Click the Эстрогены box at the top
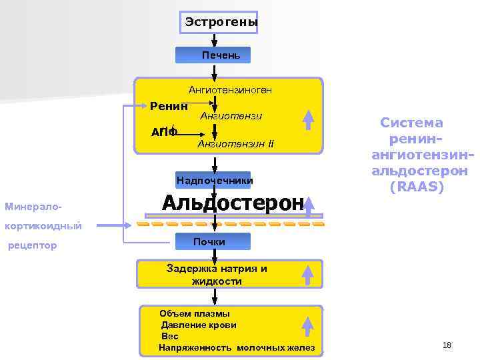(221, 23)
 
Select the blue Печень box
(213, 55)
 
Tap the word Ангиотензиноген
(230, 89)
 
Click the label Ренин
(169, 105)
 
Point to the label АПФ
(164, 132)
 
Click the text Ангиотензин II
(235, 144)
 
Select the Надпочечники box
(214, 181)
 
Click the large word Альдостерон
(233, 202)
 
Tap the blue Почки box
(213, 241)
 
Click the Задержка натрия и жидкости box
(217, 275)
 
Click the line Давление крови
(199, 325)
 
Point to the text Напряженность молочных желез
(237, 348)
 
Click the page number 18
(447, 345)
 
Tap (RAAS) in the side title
(417, 187)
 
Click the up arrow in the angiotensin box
(308, 118)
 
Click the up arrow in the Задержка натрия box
(308, 274)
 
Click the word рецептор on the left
(31, 246)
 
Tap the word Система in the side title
(411, 123)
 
